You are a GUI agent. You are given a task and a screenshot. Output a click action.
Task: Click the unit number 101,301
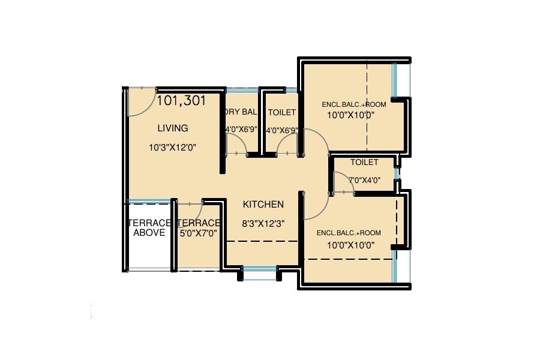pyautogui.click(x=181, y=101)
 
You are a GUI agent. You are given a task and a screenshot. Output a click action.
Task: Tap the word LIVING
pyautogui.click(x=173, y=128)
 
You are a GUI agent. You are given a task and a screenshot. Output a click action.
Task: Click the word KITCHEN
pyautogui.click(x=263, y=205)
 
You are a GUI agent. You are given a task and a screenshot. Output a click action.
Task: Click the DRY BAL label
pyautogui.click(x=240, y=112)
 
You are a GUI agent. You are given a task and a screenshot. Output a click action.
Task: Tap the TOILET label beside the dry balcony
pyautogui.click(x=281, y=112)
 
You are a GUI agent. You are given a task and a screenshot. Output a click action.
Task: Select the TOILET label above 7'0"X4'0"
pyautogui.click(x=364, y=162)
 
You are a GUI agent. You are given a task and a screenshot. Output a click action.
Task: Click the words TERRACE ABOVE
pyautogui.click(x=149, y=227)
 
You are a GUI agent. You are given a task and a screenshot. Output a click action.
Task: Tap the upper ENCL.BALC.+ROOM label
pyautogui.click(x=354, y=104)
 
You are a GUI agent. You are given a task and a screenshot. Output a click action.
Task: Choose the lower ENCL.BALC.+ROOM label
pyautogui.click(x=349, y=233)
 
